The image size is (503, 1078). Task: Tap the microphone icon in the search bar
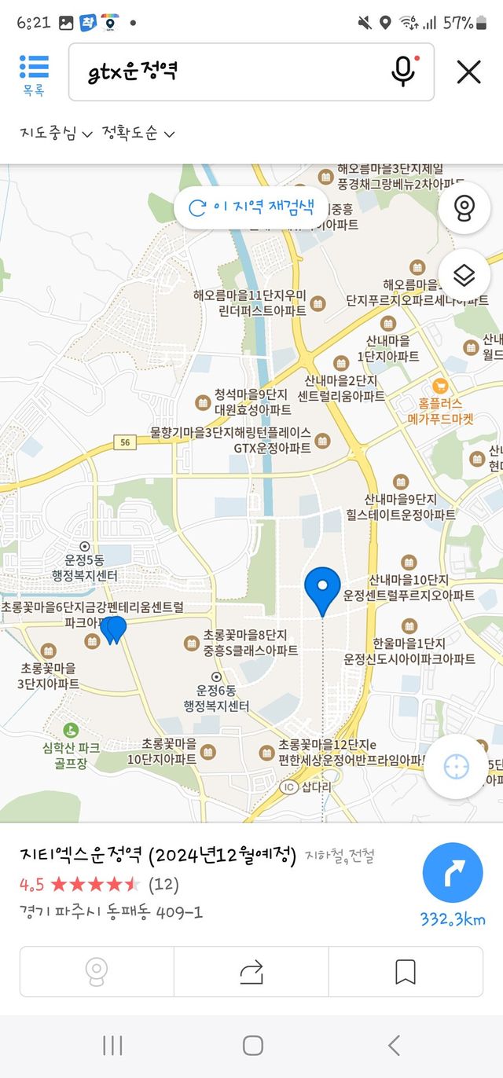pos(403,72)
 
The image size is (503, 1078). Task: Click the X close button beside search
pos(468,72)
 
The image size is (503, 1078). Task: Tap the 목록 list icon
pos(34,75)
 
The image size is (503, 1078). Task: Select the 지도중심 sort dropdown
pos(57,134)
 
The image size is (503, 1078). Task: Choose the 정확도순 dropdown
pos(138,134)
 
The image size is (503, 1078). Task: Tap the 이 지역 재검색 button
pos(251,207)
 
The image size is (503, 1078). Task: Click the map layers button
pos(464,276)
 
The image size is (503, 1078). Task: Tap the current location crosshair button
pos(457,767)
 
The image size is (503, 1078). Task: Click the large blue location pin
pos(322,588)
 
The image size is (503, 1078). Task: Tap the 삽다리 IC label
pos(309,786)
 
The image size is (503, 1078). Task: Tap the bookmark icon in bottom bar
pos(405,973)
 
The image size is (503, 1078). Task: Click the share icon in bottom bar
pos(251,973)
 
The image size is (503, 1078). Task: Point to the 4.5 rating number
pos(32,885)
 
